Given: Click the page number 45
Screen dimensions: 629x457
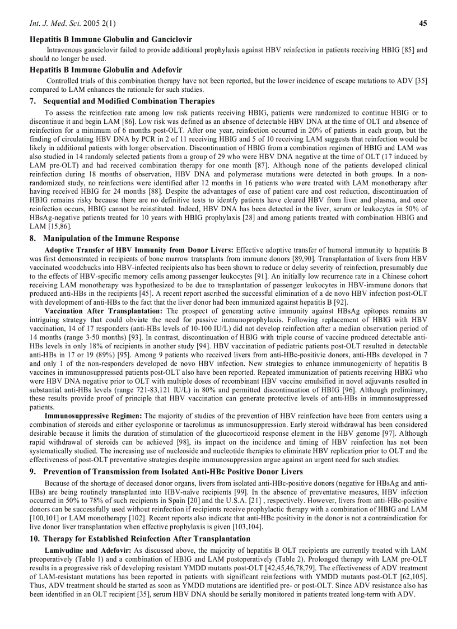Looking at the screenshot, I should click(423, 23).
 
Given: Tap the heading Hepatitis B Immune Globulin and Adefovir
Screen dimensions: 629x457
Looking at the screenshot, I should click(105, 70).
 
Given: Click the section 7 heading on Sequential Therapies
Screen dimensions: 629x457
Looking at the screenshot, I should click(122, 101).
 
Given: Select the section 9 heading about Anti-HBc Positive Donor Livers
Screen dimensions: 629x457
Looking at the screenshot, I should click(166, 472).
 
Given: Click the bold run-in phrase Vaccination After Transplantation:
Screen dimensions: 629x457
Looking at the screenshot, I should click(104, 311).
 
